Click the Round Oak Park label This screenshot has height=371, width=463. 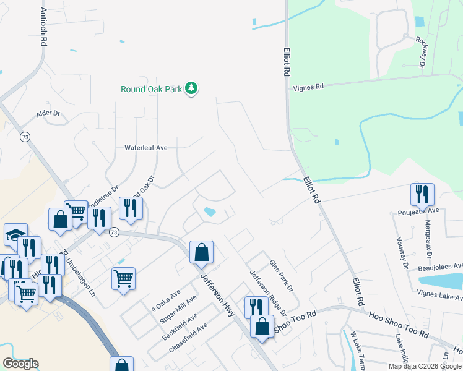coord(151,89)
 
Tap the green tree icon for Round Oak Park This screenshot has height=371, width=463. coord(192,88)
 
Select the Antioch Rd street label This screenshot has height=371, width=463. coord(43,27)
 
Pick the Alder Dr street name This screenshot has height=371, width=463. coord(48,114)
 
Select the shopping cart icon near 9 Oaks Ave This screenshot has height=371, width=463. coord(123,278)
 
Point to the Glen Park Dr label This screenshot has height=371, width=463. coord(280,275)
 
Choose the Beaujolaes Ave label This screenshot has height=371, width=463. coord(440,266)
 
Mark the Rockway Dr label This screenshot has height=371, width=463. coord(422,51)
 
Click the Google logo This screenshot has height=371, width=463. coord(20,364)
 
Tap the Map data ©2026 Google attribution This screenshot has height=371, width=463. coord(424,366)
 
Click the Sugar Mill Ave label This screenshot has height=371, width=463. coord(178,309)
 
